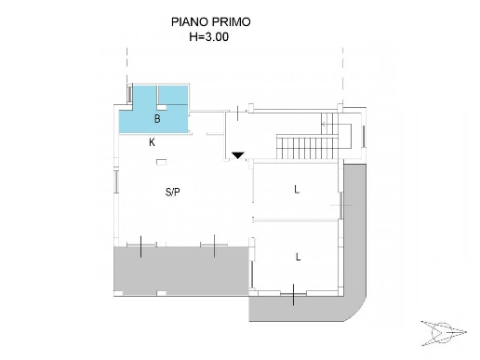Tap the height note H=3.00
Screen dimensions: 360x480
208,38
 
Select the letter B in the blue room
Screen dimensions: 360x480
157,119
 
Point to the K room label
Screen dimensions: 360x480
152,143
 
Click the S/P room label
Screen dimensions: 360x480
173,193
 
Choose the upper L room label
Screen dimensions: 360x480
297,190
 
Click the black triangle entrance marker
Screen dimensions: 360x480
238,155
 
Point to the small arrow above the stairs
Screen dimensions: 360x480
326,120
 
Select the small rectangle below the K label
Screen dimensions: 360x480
162,163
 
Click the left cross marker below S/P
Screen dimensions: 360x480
140,247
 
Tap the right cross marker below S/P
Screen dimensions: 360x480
214,247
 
